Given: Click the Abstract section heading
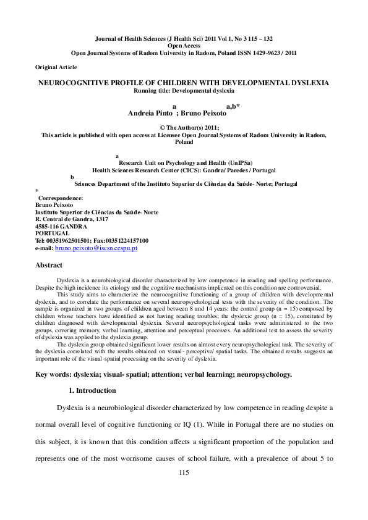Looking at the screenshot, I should pyautogui.click(x=49, y=265).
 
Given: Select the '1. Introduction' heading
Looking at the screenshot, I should pyautogui.click(x=92, y=390).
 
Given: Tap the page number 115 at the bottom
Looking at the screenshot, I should pyautogui.click(x=183, y=472).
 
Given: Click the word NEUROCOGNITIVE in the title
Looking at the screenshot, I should pyautogui.click(x=72, y=82).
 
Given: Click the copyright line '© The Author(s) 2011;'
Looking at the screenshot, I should pyautogui.click(x=183, y=127).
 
